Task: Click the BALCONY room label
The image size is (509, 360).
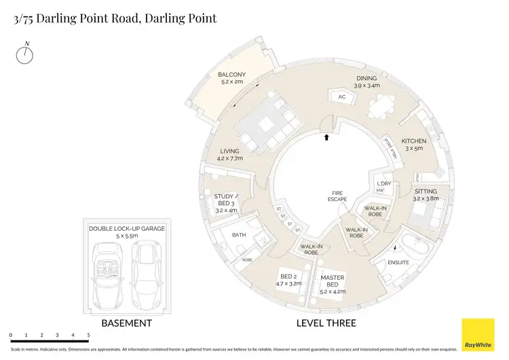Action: click(x=231, y=75)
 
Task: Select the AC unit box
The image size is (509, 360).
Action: click(x=341, y=97)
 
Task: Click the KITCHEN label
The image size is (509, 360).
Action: click(x=413, y=141)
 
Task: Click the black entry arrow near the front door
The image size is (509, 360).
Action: click(x=326, y=137)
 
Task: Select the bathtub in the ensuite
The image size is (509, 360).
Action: click(x=411, y=247)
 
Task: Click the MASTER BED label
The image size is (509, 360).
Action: click(x=332, y=281)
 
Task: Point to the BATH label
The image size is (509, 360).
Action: click(x=238, y=235)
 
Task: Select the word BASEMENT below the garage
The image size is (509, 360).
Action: click(x=126, y=323)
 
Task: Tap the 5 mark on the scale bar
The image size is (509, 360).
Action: click(x=88, y=336)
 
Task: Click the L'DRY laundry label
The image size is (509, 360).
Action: click(x=383, y=184)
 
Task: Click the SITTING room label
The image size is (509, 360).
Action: click(x=426, y=192)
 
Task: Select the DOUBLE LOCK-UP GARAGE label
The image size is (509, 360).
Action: click(x=126, y=229)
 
